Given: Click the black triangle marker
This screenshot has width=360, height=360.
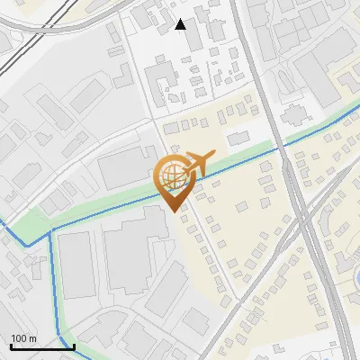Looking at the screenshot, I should (181, 24).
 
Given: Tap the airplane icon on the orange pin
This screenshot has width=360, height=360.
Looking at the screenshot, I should (198, 163).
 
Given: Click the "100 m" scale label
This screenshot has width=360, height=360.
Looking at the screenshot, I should (23, 338).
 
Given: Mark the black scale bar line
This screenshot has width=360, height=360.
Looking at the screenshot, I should (41, 346).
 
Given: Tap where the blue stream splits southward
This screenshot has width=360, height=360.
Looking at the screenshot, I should (50, 230).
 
